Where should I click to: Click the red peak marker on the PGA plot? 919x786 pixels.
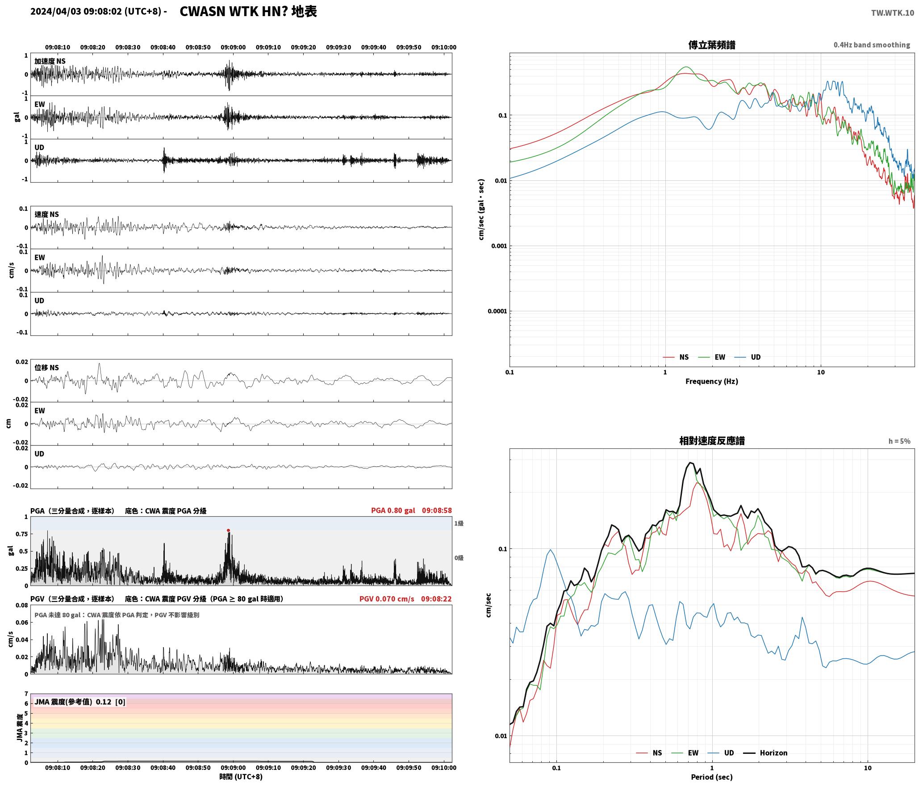pos(228,531)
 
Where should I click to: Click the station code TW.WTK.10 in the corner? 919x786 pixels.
pos(892,13)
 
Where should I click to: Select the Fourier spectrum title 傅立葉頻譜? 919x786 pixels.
pos(712,45)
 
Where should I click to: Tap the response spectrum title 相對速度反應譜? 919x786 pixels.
pos(712,441)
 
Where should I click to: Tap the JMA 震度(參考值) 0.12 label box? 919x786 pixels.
pos(80,702)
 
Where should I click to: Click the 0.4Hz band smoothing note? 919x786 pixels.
pos(872,45)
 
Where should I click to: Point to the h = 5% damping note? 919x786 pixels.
pos(899,441)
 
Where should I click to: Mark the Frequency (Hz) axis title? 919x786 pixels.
pos(712,381)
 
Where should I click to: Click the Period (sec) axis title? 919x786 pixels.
pos(712,777)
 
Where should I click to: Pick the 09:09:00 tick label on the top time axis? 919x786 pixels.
pos(233,47)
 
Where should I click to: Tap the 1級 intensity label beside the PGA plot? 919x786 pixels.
pos(459,523)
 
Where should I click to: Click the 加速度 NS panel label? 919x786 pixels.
pos(50,61)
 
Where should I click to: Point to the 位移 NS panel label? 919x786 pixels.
pos(46,368)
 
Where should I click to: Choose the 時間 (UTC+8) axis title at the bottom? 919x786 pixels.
pos(241,777)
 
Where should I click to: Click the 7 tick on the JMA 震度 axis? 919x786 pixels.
pos(26,694)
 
